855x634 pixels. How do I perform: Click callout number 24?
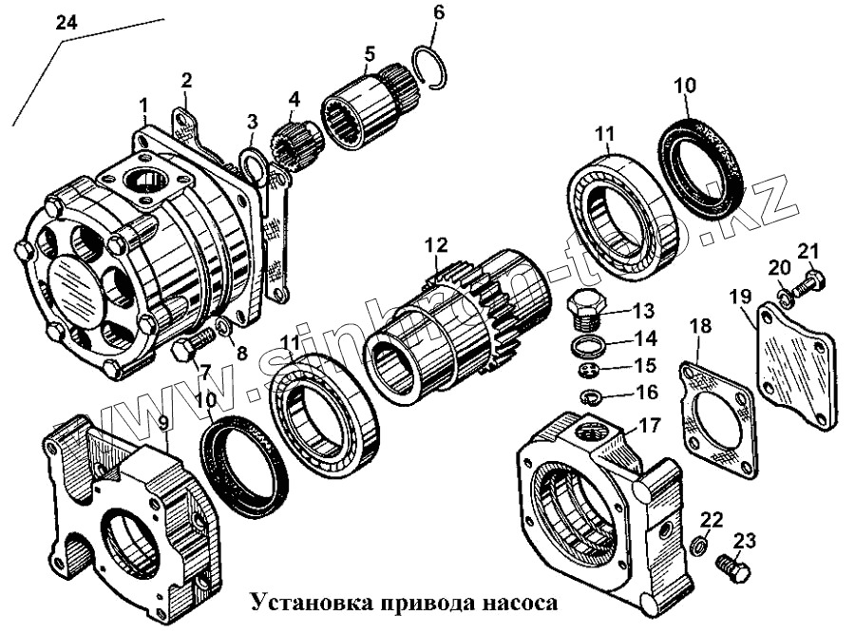pyautogui.click(x=66, y=24)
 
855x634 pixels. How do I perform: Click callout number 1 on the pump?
pyautogui.click(x=143, y=103)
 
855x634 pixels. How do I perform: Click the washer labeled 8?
pyautogui.click(x=220, y=329)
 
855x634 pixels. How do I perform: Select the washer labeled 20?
pyautogui.click(x=785, y=298)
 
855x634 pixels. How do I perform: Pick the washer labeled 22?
pyautogui.click(x=697, y=547)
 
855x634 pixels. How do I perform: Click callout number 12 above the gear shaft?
pyautogui.click(x=435, y=245)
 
